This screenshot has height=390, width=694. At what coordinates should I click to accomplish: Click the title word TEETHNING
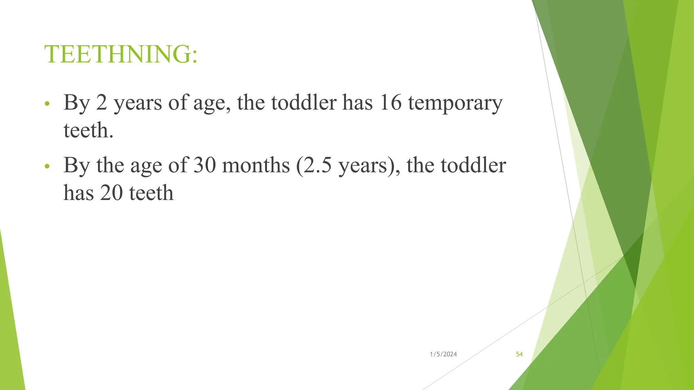coord(117,54)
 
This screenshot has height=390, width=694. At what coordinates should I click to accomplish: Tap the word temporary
coord(455,103)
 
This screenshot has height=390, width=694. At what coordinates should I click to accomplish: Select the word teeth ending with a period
coord(88,130)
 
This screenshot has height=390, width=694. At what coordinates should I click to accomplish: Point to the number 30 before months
coord(205,165)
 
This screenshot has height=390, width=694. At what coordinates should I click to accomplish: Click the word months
coord(256,165)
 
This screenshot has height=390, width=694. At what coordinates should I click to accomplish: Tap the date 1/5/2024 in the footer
coord(443,354)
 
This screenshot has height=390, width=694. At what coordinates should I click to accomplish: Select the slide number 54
coord(519,354)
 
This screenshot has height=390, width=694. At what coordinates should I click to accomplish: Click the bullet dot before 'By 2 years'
coord(47,103)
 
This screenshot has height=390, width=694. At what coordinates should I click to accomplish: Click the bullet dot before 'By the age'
coord(47,166)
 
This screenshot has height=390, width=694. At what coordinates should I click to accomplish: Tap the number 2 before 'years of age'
coord(101,102)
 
